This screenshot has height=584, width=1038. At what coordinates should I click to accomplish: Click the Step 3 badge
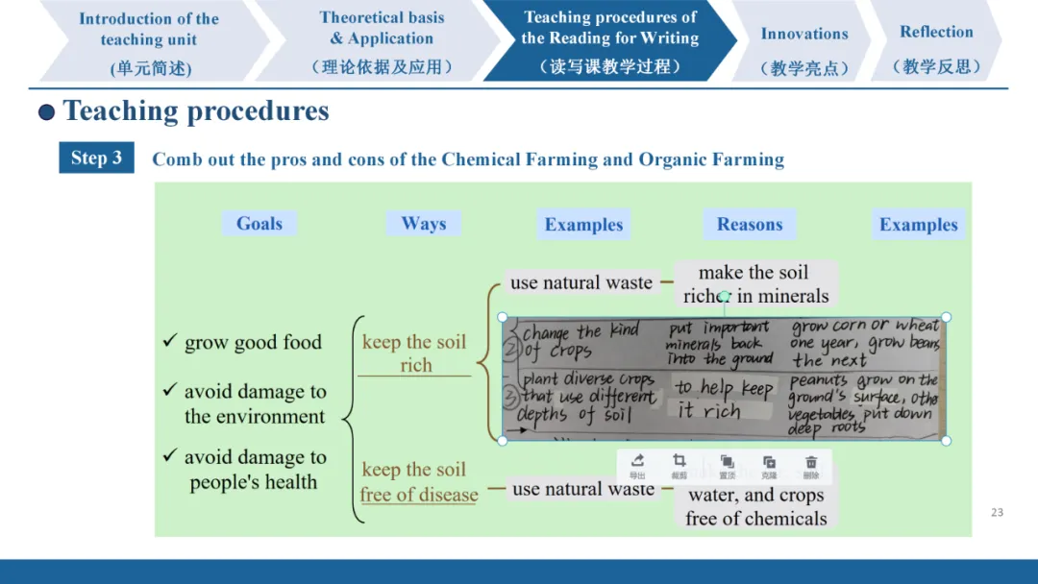point(96,158)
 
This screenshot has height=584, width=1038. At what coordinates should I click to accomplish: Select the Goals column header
point(259,224)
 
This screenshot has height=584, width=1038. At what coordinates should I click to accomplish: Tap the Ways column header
point(424,224)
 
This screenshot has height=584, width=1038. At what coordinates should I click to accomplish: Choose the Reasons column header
point(750,225)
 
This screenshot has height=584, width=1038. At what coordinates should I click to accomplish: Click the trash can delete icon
point(811,465)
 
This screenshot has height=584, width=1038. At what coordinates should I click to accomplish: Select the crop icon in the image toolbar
point(680,465)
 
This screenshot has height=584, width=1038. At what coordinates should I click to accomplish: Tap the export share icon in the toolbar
point(637,465)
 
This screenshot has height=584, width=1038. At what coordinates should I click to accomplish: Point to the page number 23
point(997,512)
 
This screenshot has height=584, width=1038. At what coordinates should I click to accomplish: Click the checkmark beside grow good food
point(170,342)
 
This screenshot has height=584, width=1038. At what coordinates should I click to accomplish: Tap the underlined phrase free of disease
point(419,495)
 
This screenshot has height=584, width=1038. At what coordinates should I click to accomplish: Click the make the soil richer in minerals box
point(755,283)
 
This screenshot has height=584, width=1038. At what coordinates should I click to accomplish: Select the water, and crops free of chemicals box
point(756,506)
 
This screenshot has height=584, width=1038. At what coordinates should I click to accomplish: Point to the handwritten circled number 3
point(512,394)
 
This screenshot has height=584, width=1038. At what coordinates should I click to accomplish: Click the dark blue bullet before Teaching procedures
point(46,112)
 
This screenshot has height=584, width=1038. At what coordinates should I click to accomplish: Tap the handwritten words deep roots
point(818,429)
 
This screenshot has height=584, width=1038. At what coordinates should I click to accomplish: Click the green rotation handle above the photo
point(724,297)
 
